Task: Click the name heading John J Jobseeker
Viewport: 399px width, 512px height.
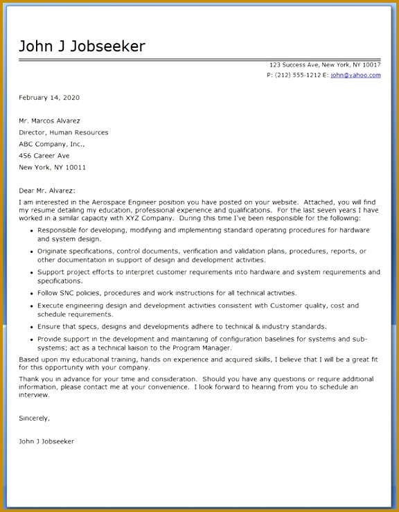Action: (82, 46)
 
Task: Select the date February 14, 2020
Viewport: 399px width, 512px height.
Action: (49, 98)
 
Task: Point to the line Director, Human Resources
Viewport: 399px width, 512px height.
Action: (64, 132)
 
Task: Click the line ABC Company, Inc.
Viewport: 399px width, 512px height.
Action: (51, 144)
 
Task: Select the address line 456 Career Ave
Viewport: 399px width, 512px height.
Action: (44, 156)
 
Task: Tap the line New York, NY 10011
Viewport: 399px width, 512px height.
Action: (53, 168)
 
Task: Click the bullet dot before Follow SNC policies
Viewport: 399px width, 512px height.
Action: (31, 294)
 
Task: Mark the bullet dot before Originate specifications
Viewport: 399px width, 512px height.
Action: (31, 251)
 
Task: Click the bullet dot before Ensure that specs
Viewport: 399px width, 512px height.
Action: (31, 327)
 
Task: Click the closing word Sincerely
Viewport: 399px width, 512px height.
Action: (34, 418)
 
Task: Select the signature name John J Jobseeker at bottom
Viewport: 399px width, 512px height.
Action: (46, 441)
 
